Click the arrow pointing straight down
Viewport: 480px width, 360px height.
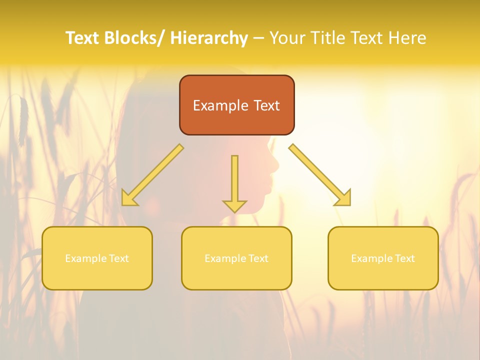234,182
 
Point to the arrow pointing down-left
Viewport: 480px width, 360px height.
152,175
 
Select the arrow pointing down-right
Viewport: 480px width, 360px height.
320,175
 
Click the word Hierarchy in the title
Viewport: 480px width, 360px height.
209,38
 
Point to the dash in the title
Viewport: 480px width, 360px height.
258,38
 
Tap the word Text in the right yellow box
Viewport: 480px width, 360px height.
405,258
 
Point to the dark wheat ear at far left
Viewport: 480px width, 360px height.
23,117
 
